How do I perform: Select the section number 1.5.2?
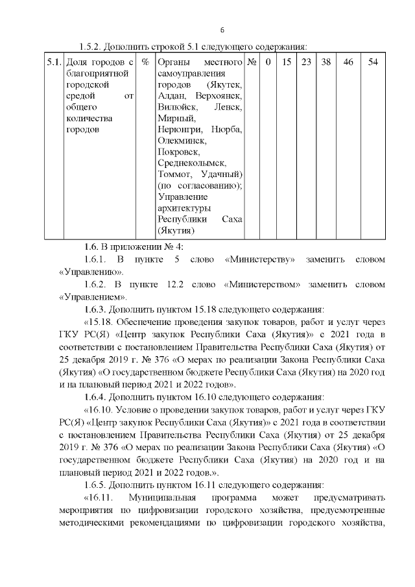94,47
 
